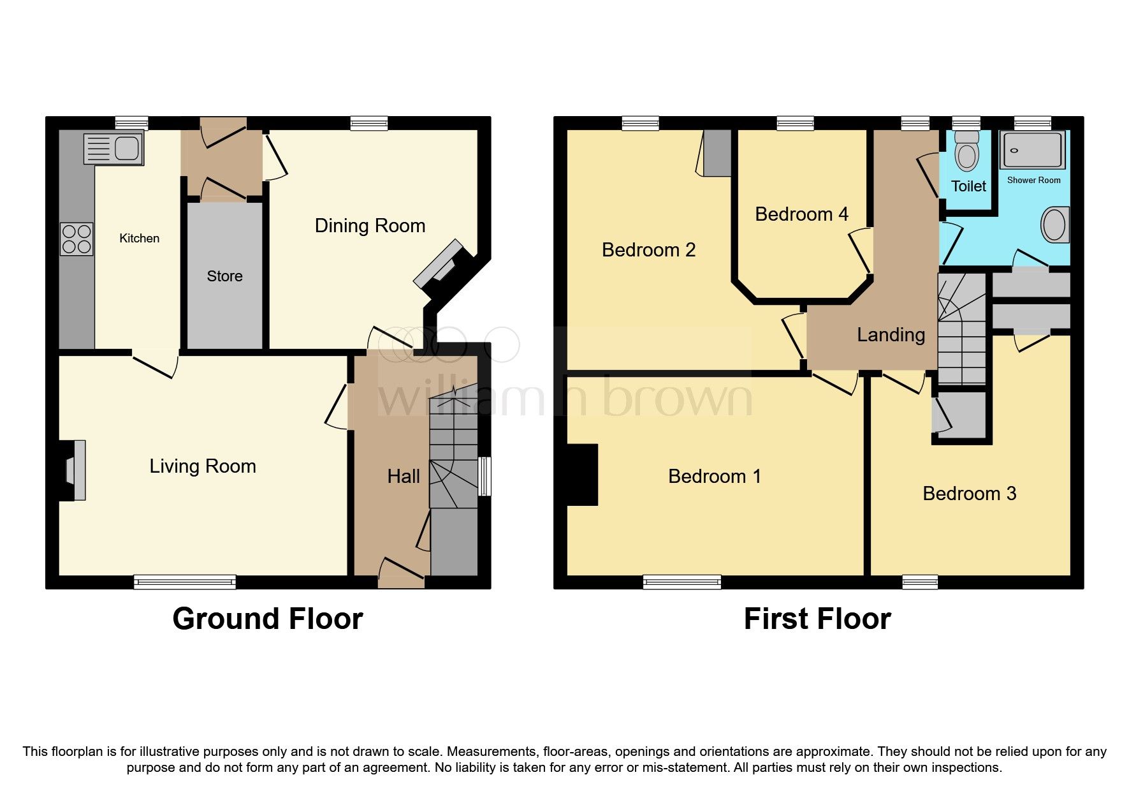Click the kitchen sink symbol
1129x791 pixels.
click(x=113, y=149)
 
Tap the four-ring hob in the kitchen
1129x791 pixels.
click(x=76, y=239)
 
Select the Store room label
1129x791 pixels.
click(x=224, y=276)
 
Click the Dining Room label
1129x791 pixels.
click(x=370, y=226)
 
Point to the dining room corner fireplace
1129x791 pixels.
click(x=440, y=263)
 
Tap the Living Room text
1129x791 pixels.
click(x=203, y=466)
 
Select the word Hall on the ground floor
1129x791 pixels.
click(x=404, y=476)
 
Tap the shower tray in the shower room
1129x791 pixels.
click(x=1032, y=151)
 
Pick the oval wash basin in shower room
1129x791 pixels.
click(x=1054, y=225)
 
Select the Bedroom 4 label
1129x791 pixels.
click(x=801, y=214)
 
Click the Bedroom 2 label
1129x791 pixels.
click(x=648, y=250)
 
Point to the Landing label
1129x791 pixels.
click(x=891, y=335)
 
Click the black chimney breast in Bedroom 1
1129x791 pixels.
click(x=583, y=475)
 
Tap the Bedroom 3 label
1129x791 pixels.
click(x=969, y=493)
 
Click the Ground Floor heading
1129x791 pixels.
click(x=268, y=619)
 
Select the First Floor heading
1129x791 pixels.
click(x=817, y=619)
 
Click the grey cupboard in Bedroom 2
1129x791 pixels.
click(x=717, y=153)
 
